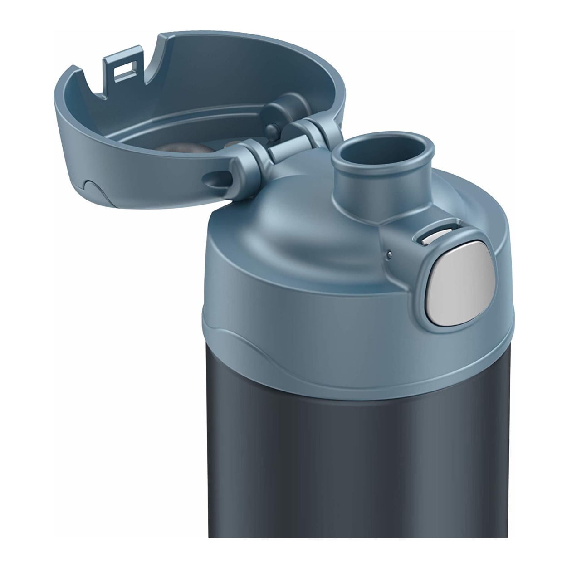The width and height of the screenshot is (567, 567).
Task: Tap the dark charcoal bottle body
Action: point(363,454)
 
